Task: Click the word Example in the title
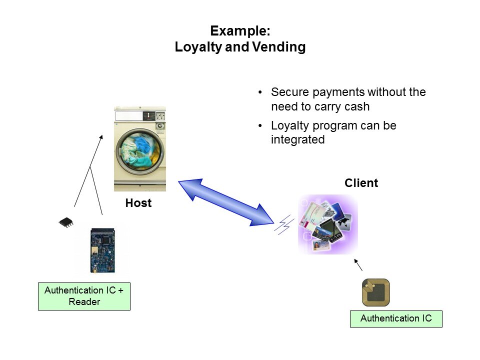click(239, 31)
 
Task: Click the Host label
click(138, 203)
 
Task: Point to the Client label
click(361, 183)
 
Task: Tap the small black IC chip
click(65, 222)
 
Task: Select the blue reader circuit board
click(102, 251)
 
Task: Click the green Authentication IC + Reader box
click(84, 296)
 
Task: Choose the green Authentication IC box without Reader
click(396, 318)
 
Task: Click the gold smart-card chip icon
click(375, 292)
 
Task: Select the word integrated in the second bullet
click(298, 139)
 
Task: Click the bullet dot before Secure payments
click(260, 92)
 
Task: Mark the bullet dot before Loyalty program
click(260, 125)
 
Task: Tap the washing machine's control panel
click(139, 116)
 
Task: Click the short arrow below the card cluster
click(358, 265)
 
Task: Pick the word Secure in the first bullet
click(288, 92)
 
